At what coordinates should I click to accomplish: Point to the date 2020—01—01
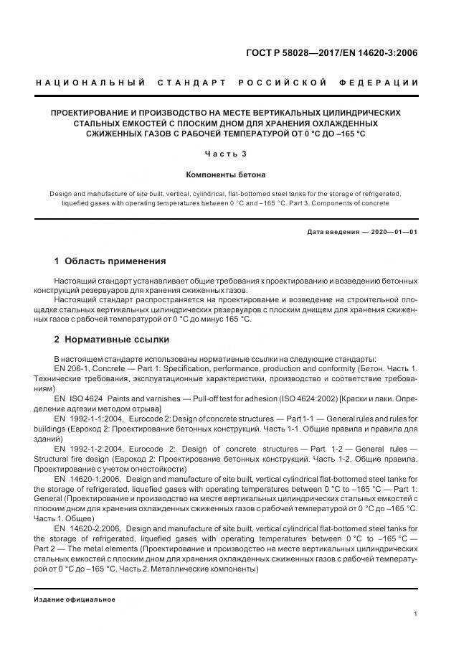[x=392, y=232]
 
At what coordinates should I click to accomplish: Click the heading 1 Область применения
[x=110, y=261]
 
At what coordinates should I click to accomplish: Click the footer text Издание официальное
[x=75, y=599]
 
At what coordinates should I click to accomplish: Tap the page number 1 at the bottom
[x=417, y=614]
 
